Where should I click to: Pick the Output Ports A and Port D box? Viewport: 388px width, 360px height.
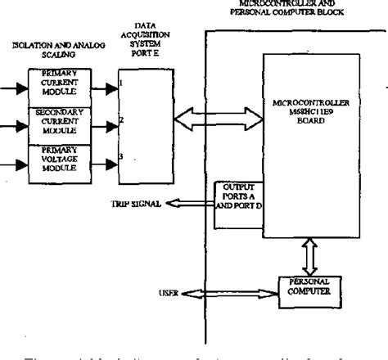click(238, 200)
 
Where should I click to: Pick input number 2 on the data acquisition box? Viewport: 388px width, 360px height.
click(120, 122)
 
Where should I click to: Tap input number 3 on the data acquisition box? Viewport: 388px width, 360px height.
click(120, 156)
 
